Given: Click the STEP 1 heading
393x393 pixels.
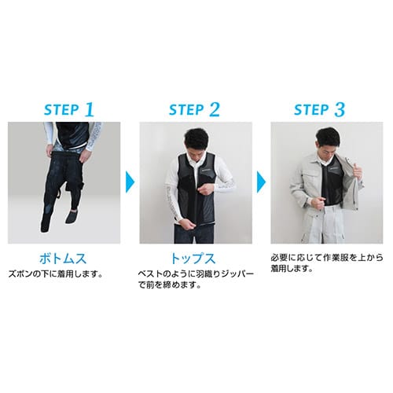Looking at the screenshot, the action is pyautogui.click(x=69, y=109).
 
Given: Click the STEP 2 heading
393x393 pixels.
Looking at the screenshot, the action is pyautogui.click(x=194, y=109).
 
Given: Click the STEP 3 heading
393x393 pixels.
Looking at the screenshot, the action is pyautogui.click(x=319, y=109).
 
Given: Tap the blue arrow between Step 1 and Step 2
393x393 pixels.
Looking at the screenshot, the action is pyautogui.click(x=130, y=182).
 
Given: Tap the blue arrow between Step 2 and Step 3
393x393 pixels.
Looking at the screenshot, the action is pyautogui.click(x=261, y=182).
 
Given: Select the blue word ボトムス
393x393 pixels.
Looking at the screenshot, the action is pyautogui.click(x=63, y=259).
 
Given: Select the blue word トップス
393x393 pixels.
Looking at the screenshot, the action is pyautogui.click(x=193, y=259).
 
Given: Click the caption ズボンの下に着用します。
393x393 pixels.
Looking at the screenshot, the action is pyautogui.click(x=55, y=274).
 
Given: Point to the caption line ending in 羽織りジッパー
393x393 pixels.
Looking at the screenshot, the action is pyautogui.click(x=196, y=274).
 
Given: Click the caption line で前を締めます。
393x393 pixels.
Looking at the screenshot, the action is pyautogui.click(x=170, y=285).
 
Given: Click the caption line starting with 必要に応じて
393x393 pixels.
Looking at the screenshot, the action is pyautogui.click(x=327, y=258).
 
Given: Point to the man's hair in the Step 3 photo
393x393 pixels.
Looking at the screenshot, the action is pyautogui.click(x=328, y=137).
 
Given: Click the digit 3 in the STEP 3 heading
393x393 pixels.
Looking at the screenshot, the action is pyautogui.click(x=340, y=109).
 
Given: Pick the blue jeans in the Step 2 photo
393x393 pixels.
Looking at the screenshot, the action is pyautogui.click(x=195, y=234).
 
